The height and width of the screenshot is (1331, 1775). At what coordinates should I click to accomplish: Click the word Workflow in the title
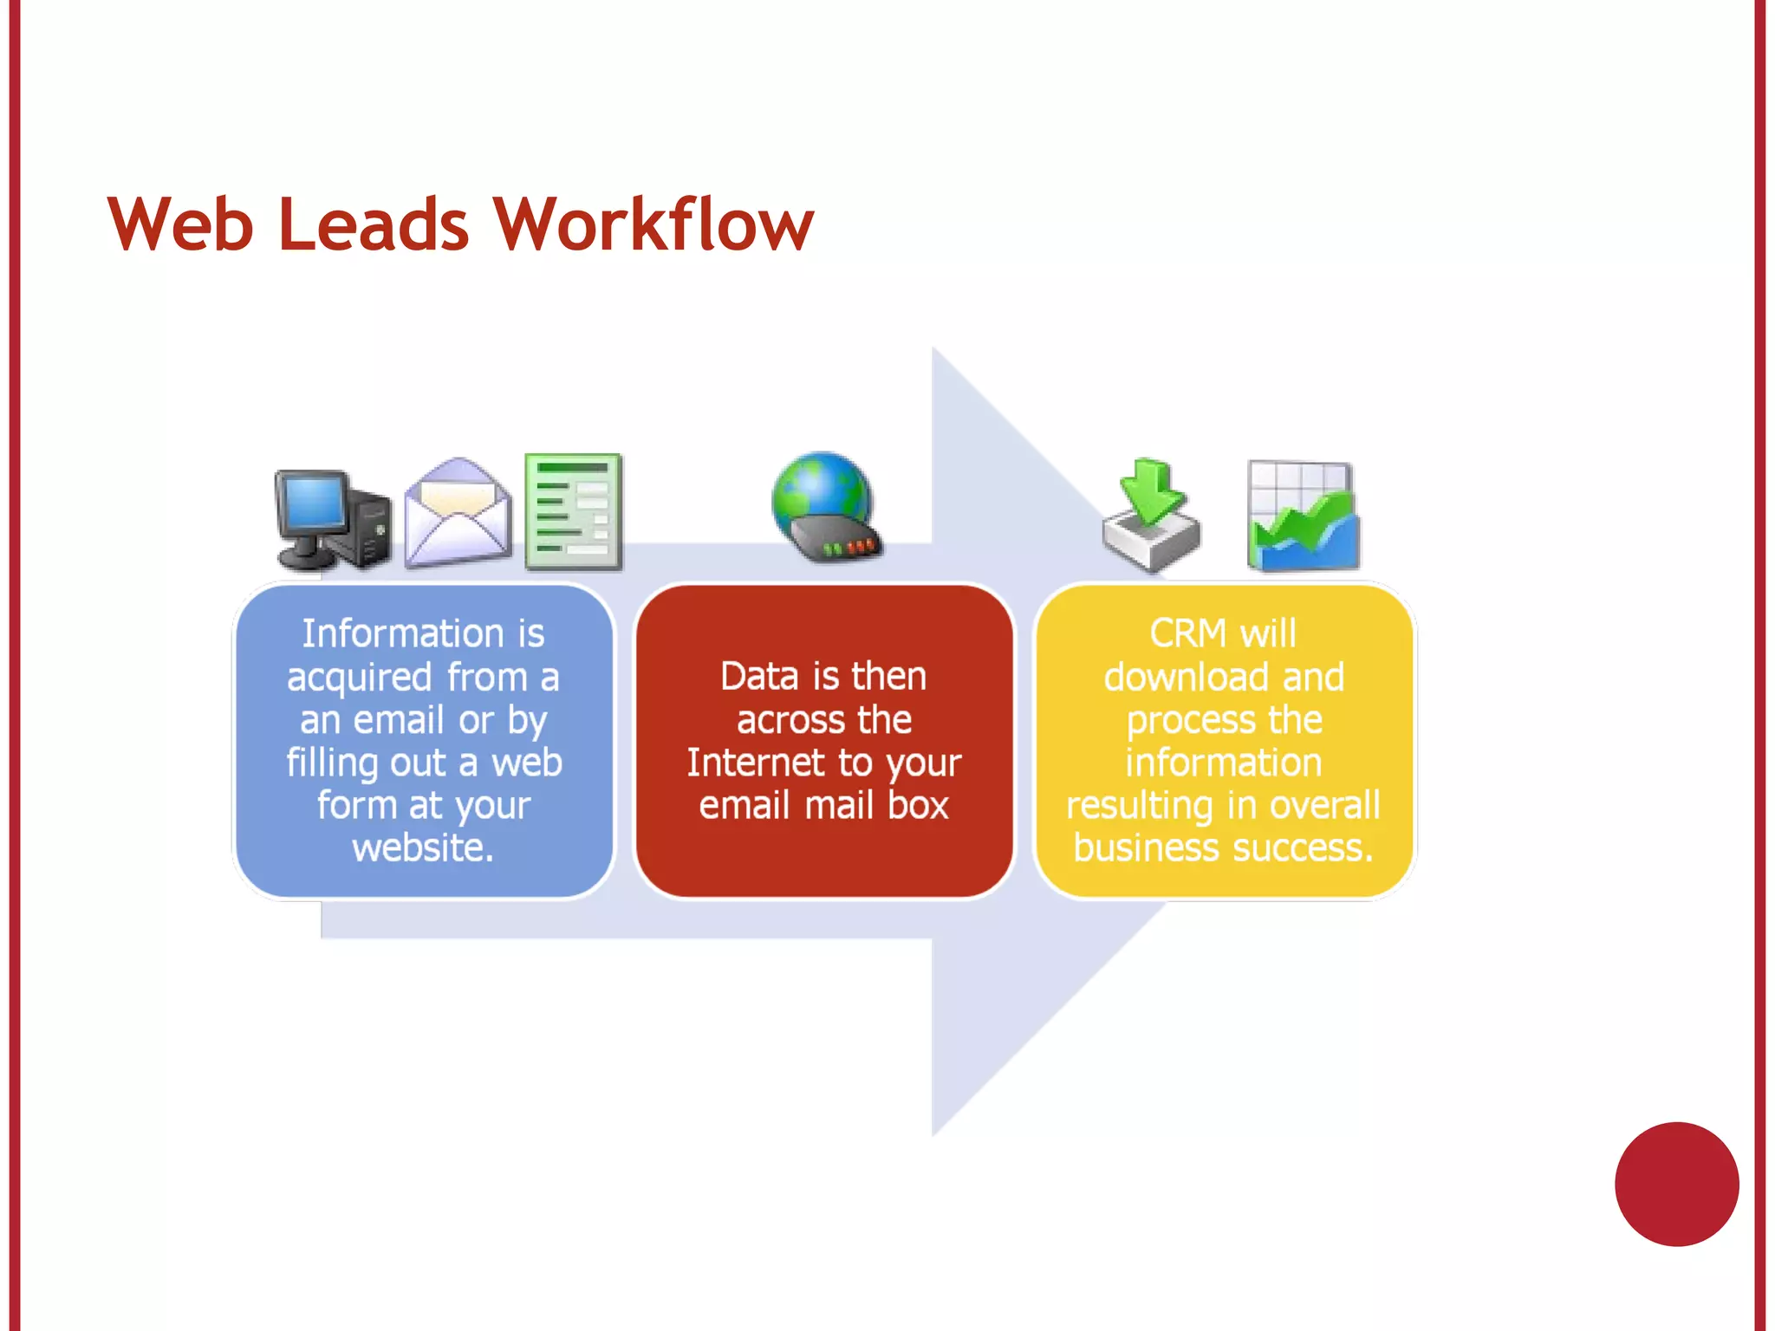(x=653, y=224)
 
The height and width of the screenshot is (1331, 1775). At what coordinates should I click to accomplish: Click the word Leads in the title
(x=374, y=224)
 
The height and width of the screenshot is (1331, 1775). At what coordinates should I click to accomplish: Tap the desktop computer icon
(x=332, y=519)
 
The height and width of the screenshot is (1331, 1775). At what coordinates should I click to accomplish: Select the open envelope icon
(x=458, y=513)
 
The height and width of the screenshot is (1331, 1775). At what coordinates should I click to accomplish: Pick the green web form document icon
(x=573, y=511)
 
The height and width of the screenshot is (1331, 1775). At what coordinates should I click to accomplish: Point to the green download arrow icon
(x=1151, y=515)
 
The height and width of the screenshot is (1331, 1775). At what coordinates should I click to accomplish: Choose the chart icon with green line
(x=1303, y=516)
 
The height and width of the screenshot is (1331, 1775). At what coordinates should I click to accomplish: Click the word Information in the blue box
(x=402, y=633)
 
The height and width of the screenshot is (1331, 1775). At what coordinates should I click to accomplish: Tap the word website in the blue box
(x=422, y=847)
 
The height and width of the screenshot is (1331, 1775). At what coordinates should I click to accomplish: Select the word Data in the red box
(x=759, y=677)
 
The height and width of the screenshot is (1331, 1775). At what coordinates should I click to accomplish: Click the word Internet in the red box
(x=755, y=763)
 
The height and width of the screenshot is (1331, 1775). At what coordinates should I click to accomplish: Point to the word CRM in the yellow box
(x=1187, y=633)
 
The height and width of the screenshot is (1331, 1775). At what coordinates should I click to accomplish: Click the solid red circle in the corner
(x=1676, y=1184)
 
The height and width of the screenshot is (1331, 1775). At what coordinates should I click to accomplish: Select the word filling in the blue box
(x=332, y=763)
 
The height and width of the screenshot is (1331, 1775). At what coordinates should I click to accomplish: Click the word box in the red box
(x=918, y=806)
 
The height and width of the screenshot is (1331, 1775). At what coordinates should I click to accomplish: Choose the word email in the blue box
(x=399, y=720)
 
